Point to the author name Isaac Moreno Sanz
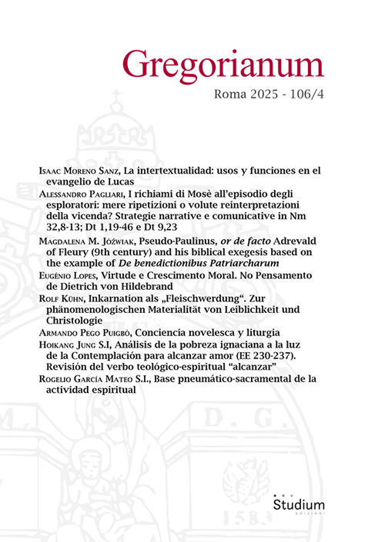82,168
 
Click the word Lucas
125,181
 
